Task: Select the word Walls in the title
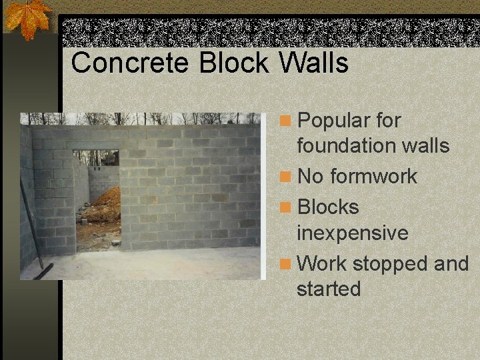click(x=313, y=63)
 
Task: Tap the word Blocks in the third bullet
click(x=328, y=207)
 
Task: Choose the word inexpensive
click(x=353, y=233)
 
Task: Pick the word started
click(x=329, y=289)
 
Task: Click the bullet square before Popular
click(x=285, y=121)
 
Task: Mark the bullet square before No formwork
click(x=285, y=177)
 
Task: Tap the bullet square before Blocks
click(x=285, y=208)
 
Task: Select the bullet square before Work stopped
click(x=285, y=265)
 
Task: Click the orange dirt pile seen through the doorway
click(x=107, y=203)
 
